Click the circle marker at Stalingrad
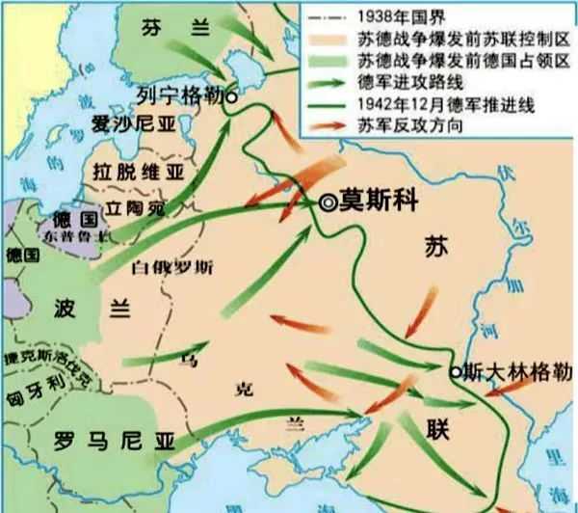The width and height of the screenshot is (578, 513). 456,369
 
